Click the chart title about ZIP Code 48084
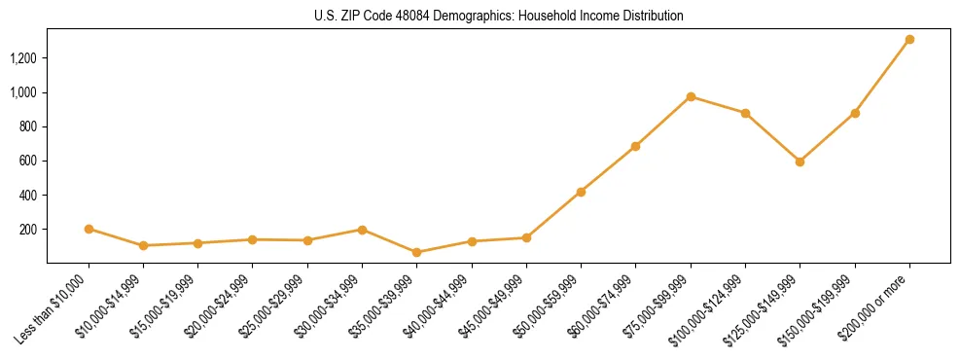point(498,17)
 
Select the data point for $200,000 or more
point(909,40)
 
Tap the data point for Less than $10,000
point(89,229)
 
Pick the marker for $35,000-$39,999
point(416,252)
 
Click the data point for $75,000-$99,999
point(691,96)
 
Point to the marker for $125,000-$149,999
point(800,162)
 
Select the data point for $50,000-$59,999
point(581,192)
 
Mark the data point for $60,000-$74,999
point(635,146)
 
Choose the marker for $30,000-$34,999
point(362,230)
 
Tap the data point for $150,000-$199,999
point(855,113)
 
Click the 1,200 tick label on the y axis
point(23,58)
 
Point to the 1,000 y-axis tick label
point(23,92)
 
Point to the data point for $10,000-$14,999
point(143,245)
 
